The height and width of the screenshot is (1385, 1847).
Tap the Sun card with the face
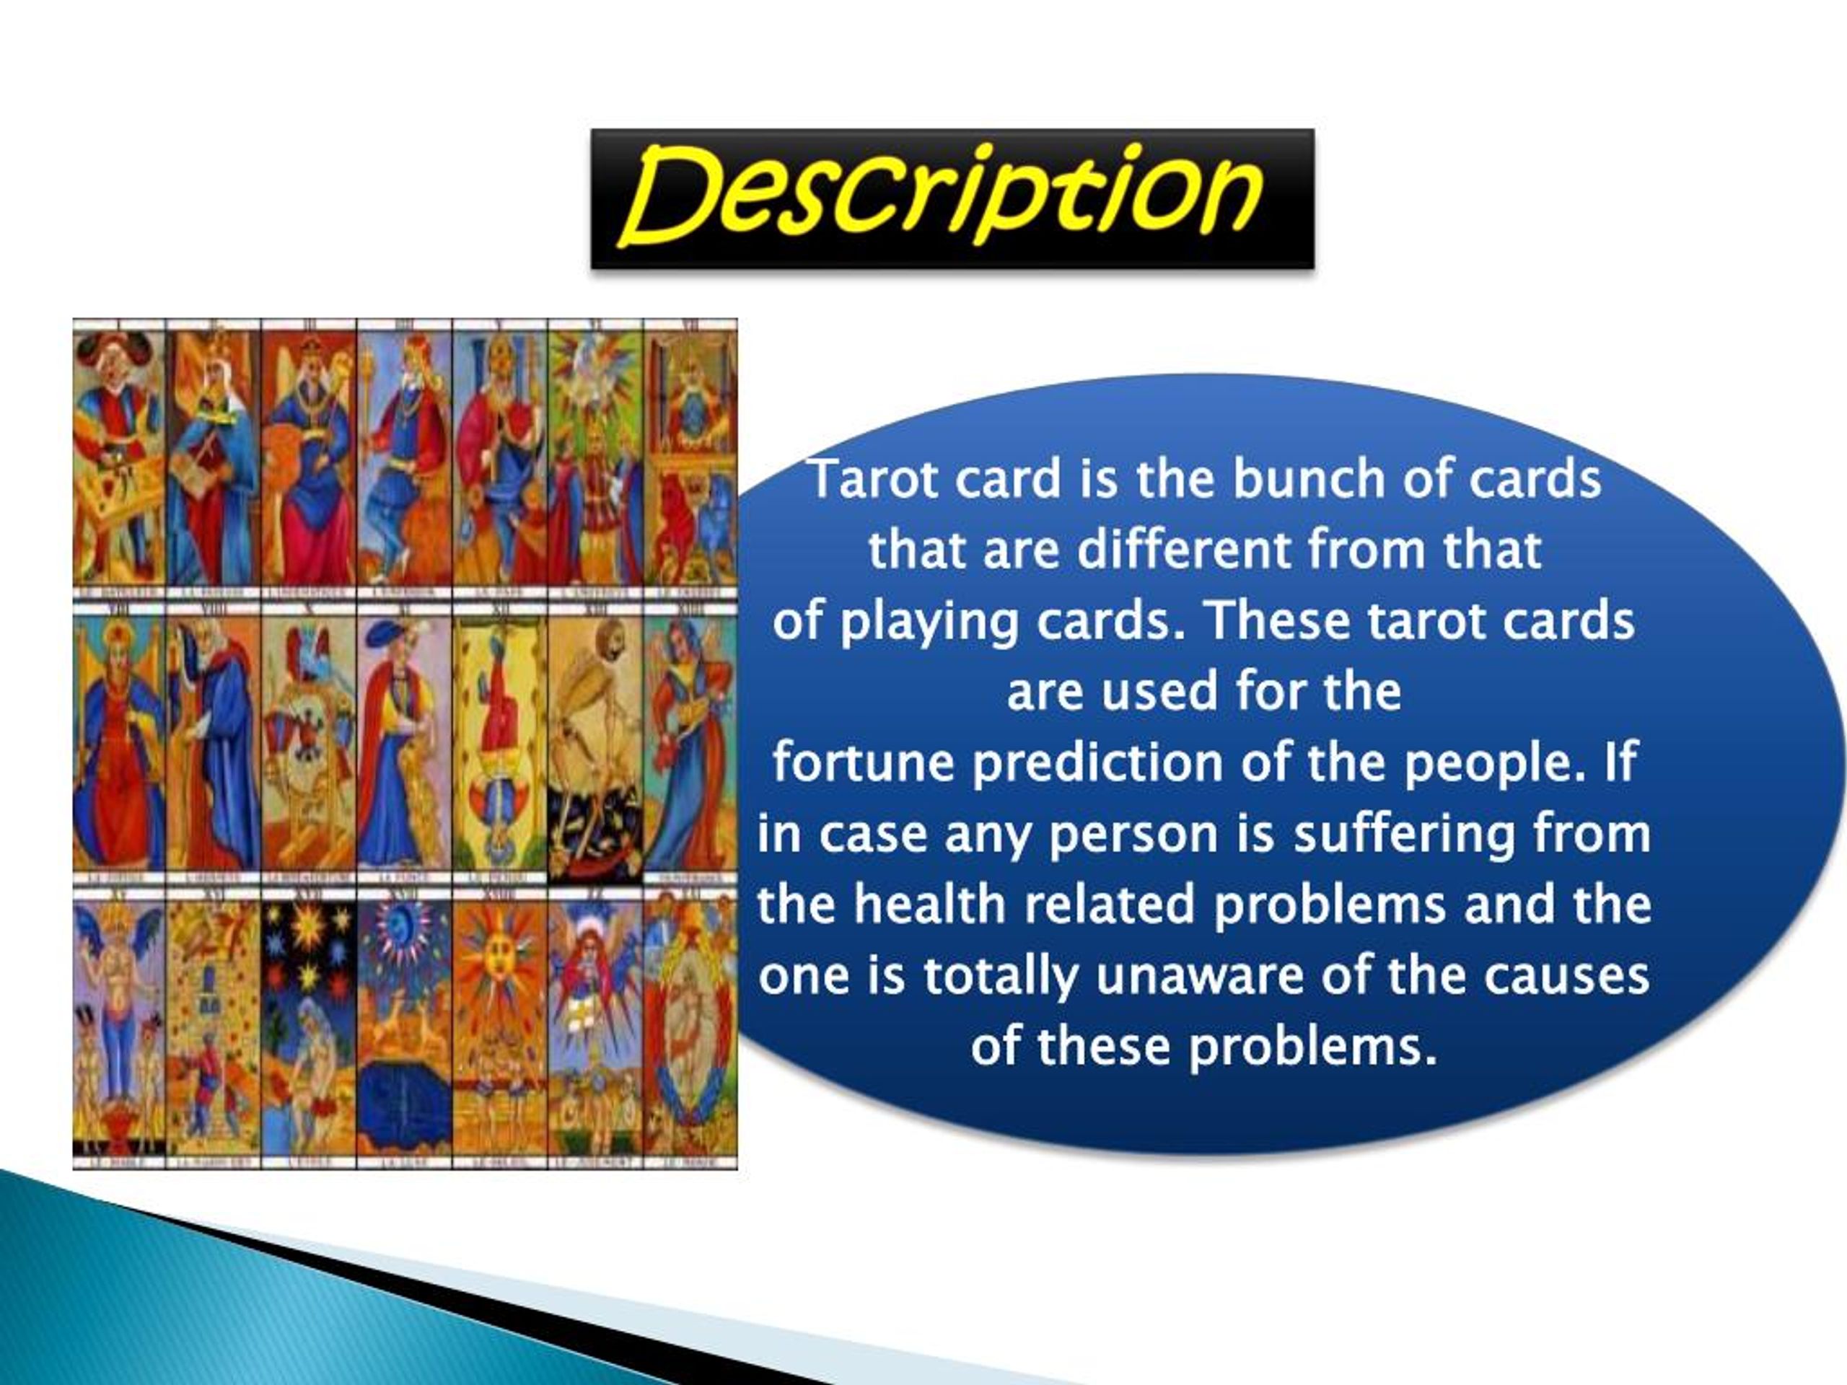499,1027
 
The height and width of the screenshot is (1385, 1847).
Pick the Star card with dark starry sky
309,1027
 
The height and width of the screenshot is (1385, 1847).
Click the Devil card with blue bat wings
118,1027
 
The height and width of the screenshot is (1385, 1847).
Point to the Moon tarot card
404,1027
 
